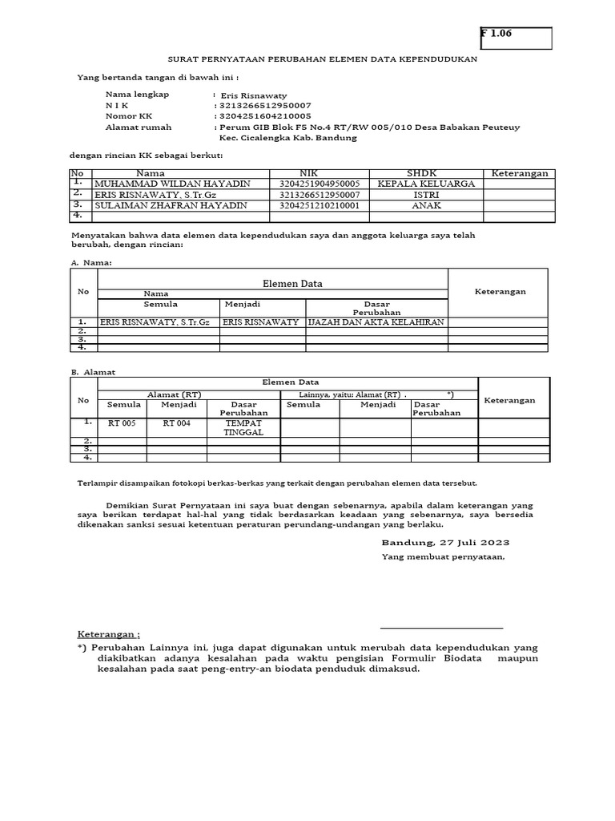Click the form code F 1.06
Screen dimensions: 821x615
point(496,34)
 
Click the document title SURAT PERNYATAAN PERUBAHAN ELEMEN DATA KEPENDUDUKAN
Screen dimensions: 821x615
point(323,59)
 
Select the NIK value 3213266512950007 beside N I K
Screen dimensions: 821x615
point(265,105)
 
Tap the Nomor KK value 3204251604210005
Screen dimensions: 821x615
point(265,115)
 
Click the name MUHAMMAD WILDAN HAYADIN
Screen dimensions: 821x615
point(172,184)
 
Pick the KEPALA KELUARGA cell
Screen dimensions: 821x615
point(425,184)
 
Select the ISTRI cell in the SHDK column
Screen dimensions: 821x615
point(425,195)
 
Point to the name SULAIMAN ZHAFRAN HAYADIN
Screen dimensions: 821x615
point(171,205)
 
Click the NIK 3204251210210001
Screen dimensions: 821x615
point(319,205)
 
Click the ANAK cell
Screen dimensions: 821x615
point(425,205)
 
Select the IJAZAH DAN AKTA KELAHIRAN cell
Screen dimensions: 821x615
point(376,322)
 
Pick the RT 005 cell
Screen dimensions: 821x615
point(122,423)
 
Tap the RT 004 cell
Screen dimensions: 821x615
point(176,423)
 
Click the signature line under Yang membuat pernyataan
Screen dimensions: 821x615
point(441,629)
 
